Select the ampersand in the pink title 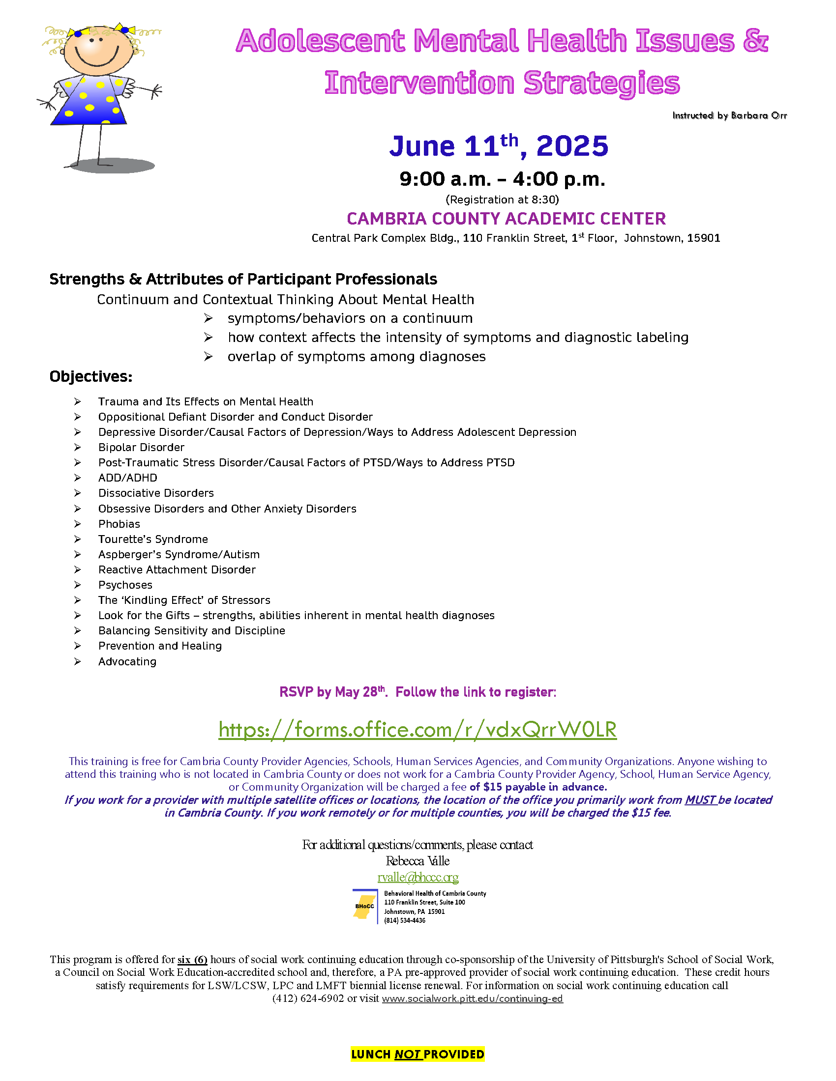click(x=755, y=41)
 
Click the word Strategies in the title click(x=602, y=83)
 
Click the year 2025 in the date click(x=572, y=146)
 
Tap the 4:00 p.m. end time click(x=559, y=179)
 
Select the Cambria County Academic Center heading click(x=506, y=219)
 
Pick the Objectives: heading click(x=90, y=377)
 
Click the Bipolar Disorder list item click(x=141, y=448)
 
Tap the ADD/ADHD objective click(x=128, y=478)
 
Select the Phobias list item click(x=119, y=524)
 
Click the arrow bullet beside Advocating click(x=78, y=662)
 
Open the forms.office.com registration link click(x=418, y=730)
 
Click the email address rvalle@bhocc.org click(x=418, y=878)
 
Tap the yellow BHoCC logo click(x=364, y=906)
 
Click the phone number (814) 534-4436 click(x=405, y=921)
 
